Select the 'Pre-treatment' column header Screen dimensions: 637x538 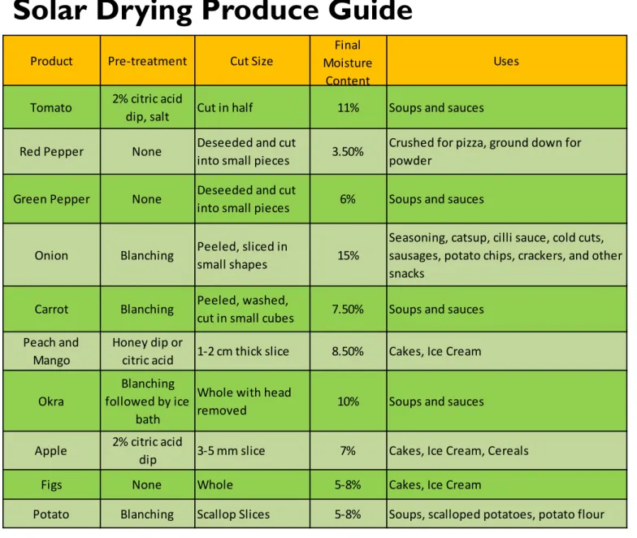point(147,61)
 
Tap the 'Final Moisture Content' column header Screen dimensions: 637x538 point(348,63)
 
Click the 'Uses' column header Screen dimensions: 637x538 point(506,61)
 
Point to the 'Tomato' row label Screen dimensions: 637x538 point(51,107)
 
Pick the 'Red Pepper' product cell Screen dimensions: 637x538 point(52,151)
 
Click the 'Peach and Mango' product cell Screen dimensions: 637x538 point(51,351)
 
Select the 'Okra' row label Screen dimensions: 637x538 point(51,401)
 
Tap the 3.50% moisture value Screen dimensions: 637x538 point(348,151)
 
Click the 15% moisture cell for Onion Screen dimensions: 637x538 point(348,255)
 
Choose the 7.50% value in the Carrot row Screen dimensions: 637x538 point(348,309)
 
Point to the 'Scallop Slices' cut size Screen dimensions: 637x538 point(233,514)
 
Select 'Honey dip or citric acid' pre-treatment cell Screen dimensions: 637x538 point(148,351)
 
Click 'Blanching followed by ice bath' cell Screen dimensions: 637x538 point(147,401)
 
